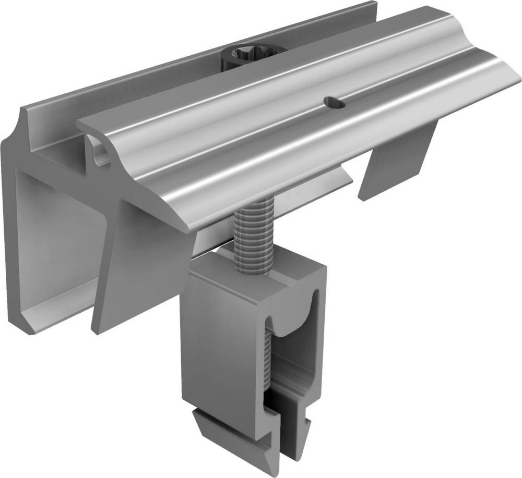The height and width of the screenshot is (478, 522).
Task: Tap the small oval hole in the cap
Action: [334, 103]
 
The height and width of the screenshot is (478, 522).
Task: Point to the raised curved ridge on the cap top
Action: [292, 68]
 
